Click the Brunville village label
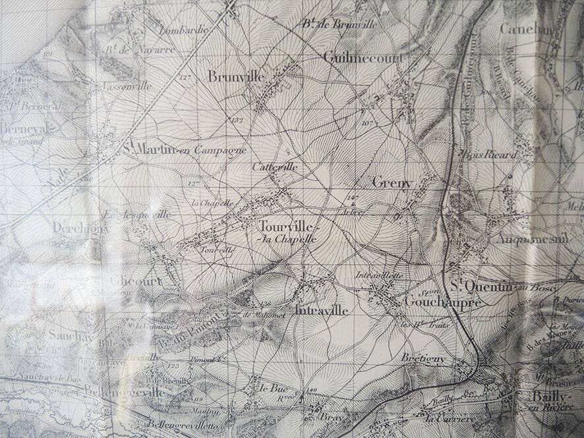click(236, 77)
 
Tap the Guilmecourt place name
click(363, 57)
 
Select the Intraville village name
click(323, 310)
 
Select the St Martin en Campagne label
click(185, 150)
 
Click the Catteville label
click(275, 167)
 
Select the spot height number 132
click(237, 120)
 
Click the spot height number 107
click(368, 123)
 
